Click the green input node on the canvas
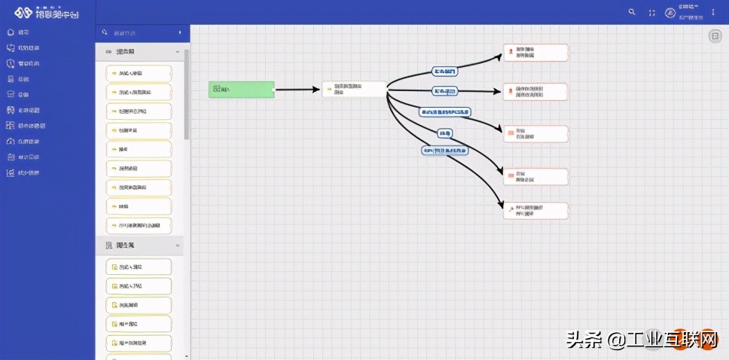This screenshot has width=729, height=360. click(x=241, y=89)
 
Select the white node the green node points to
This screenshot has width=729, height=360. click(x=354, y=90)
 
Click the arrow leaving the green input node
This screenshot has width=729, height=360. click(x=297, y=90)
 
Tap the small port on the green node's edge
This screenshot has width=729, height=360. click(x=274, y=90)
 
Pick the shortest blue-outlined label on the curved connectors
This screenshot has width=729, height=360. click(x=445, y=133)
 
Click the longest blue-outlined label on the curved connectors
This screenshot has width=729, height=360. click(x=445, y=112)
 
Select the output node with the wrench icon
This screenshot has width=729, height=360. click(x=535, y=210)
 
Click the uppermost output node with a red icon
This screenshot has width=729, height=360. click(x=535, y=52)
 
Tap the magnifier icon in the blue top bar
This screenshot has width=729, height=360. click(x=632, y=12)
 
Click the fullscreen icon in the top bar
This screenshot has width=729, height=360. click(x=651, y=12)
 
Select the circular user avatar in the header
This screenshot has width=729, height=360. click(x=670, y=12)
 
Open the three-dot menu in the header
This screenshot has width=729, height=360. click(x=712, y=12)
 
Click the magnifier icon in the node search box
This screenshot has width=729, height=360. click(x=105, y=33)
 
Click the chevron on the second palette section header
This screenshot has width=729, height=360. click(x=178, y=246)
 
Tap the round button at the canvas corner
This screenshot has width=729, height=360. click(x=714, y=36)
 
